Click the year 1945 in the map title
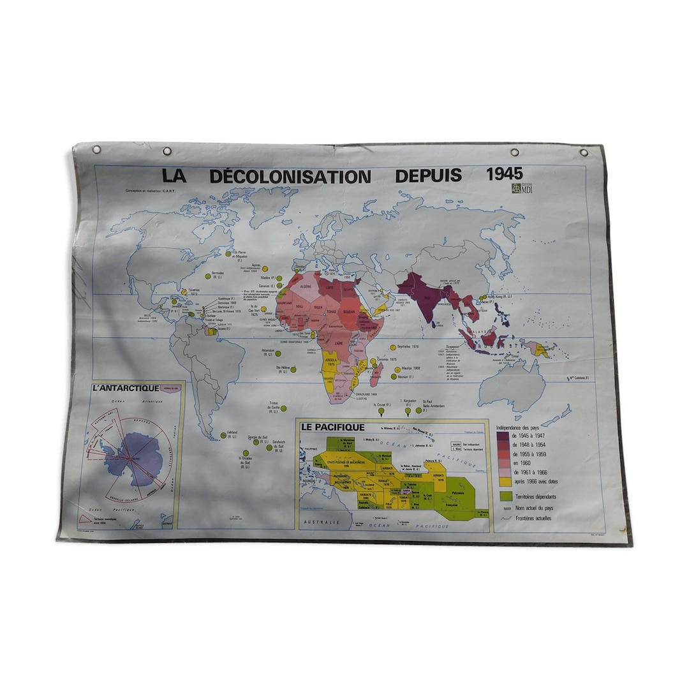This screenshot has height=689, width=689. tap(504, 174)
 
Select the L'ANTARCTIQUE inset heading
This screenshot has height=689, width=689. tap(126, 388)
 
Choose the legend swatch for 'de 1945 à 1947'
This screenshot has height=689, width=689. tap(503, 436)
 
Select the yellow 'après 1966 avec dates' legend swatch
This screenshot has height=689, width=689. tap(503, 481)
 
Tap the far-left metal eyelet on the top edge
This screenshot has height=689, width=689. tap(96, 150)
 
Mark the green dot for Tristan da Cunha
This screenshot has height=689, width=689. tap(283, 408)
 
